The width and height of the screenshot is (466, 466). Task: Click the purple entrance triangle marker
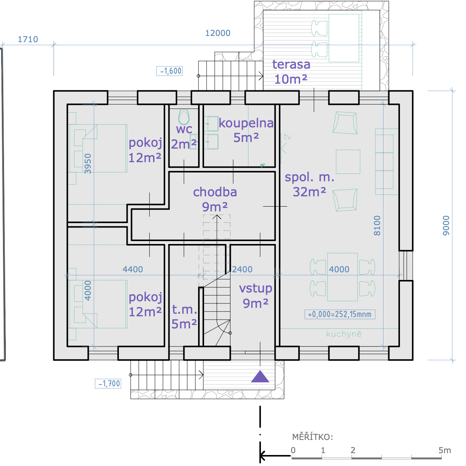[x=260, y=377]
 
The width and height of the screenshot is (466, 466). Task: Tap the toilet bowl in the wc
[x=184, y=117]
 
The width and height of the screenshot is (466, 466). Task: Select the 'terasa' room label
[x=291, y=64]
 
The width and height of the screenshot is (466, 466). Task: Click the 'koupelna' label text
[x=246, y=123]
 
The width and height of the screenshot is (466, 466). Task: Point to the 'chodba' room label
[x=215, y=192]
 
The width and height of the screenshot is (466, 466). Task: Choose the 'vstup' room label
[x=256, y=288]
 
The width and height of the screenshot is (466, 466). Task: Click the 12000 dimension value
[x=218, y=33]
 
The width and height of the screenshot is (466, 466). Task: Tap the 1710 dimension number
[x=28, y=39]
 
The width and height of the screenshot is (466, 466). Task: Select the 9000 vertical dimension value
[x=446, y=226]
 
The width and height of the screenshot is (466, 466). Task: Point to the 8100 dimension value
[x=377, y=226]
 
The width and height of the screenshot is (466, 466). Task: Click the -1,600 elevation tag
[x=170, y=71]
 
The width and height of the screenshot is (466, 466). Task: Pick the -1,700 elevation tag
[x=108, y=383]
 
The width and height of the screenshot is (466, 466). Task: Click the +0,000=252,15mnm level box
[x=340, y=314]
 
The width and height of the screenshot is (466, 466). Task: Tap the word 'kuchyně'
[x=344, y=334]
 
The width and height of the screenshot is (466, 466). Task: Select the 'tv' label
[x=288, y=137]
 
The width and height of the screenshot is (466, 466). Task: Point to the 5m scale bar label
[x=445, y=450]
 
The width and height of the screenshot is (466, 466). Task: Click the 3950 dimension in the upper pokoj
[x=88, y=164]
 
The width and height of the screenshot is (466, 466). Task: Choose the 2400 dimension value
[x=242, y=269]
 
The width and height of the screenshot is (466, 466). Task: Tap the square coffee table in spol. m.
[x=348, y=162]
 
